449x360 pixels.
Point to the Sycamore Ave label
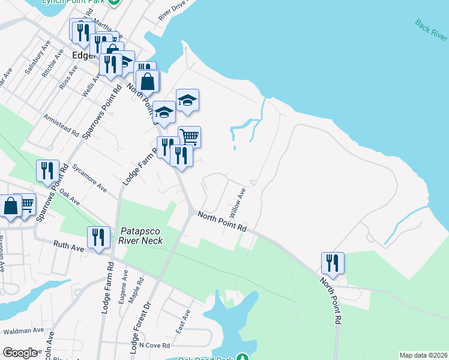[x=89, y=178]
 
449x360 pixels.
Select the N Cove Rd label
[x=154, y=346]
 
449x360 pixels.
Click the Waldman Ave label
[x=22, y=330]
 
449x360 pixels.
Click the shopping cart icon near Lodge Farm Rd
[x=189, y=136]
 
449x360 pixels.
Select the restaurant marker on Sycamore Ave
[x=46, y=170]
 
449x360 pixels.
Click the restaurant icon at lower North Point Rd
[x=332, y=262]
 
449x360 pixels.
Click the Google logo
[x=20, y=353]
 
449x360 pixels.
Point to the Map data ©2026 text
[x=423, y=355]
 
